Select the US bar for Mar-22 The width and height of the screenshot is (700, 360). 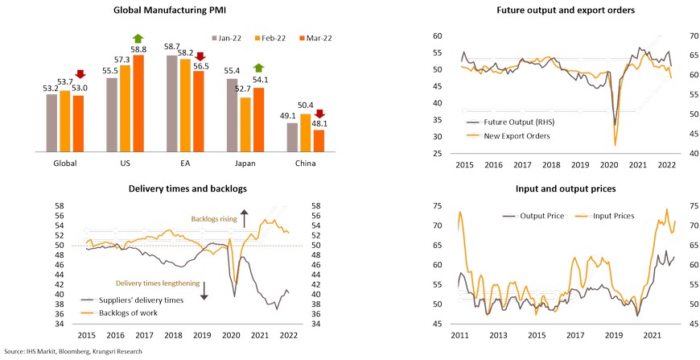click(138, 105)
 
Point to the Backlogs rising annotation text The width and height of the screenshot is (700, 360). click(216, 218)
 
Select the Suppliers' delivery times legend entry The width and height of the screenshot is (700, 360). click(140, 300)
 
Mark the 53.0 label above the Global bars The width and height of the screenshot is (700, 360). click(80, 88)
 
